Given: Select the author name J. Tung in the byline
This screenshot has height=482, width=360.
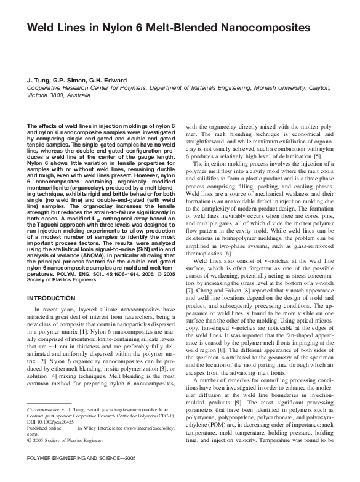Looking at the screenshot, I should pyautogui.click(x=38, y=81).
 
